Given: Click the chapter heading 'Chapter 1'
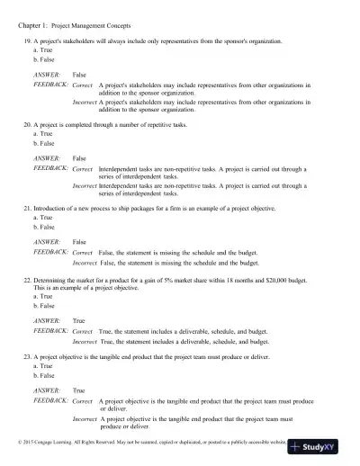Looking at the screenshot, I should point(33,15).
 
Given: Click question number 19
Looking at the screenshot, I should point(27,42).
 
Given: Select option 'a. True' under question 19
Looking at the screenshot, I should point(40,50).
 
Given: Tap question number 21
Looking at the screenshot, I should point(27,208).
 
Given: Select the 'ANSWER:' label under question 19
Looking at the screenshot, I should point(47,73).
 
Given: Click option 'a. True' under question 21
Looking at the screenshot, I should point(40,217).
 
